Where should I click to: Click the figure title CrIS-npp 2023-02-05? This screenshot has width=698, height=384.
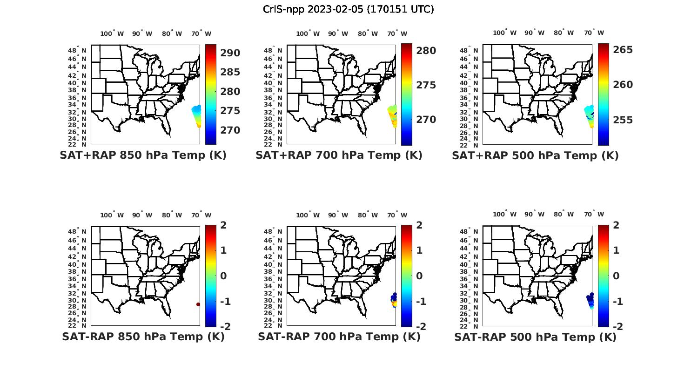348,9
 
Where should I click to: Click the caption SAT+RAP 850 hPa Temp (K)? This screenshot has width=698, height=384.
143,155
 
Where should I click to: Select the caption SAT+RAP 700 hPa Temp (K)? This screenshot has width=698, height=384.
339,155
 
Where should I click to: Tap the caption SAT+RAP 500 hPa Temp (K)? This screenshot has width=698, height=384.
535,155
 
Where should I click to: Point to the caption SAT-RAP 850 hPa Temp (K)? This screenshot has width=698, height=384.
143,337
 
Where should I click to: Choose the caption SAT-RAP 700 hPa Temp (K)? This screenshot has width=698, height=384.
339,337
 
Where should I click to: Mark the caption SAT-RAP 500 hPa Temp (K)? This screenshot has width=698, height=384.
535,337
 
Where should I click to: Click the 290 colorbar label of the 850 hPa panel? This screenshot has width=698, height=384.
230,53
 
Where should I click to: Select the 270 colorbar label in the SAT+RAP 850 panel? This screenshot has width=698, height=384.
230,130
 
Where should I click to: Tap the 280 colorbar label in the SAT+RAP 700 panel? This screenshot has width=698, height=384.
426,51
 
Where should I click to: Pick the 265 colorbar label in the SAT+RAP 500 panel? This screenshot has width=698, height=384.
623,50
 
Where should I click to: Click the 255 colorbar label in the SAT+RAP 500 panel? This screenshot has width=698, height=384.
623,120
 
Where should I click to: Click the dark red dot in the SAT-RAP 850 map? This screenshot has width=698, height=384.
198,304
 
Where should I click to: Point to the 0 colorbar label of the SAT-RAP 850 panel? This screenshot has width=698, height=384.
223,276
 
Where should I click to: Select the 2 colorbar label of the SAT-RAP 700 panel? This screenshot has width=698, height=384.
419,225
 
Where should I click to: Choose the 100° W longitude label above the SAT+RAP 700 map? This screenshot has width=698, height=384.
308,34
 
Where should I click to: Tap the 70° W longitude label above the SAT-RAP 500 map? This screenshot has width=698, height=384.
594,215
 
